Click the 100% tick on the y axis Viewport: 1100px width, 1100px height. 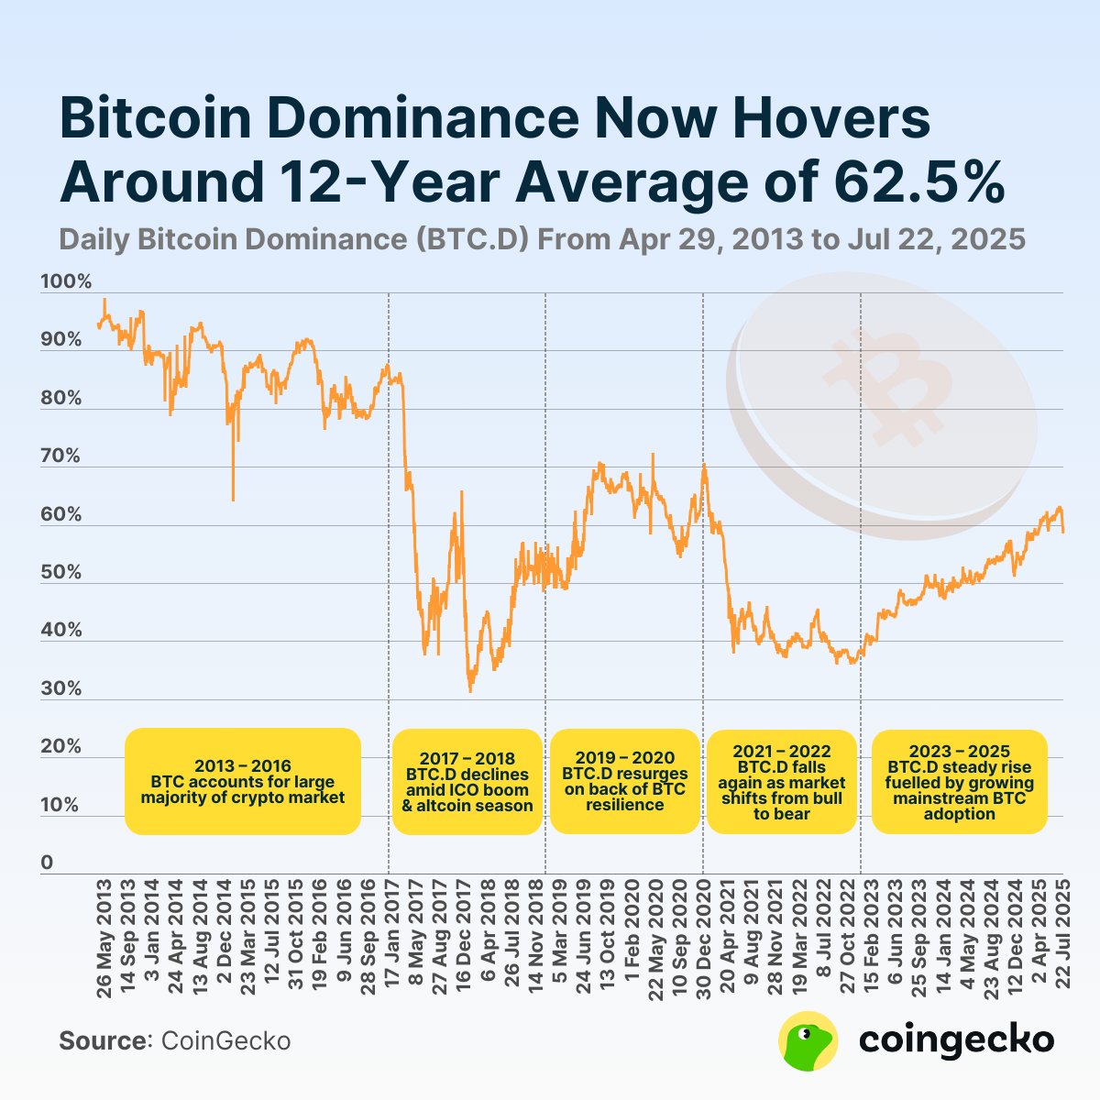point(66,282)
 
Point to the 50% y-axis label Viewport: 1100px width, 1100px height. point(61,573)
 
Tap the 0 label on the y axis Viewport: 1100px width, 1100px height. point(47,863)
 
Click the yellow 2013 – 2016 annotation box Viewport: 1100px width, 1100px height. point(243,781)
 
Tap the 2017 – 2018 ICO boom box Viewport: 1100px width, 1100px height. point(467,782)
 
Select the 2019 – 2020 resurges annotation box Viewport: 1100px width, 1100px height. point(624,781)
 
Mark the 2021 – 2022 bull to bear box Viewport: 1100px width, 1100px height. point(782,782)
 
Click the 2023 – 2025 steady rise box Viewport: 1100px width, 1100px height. point(959,782)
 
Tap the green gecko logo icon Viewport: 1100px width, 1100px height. point(808,1040)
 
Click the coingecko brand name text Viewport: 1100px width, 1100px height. point(956,1040)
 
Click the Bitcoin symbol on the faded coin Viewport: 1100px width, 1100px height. point(883,385)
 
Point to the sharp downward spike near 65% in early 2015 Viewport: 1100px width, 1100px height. point(233,495)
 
